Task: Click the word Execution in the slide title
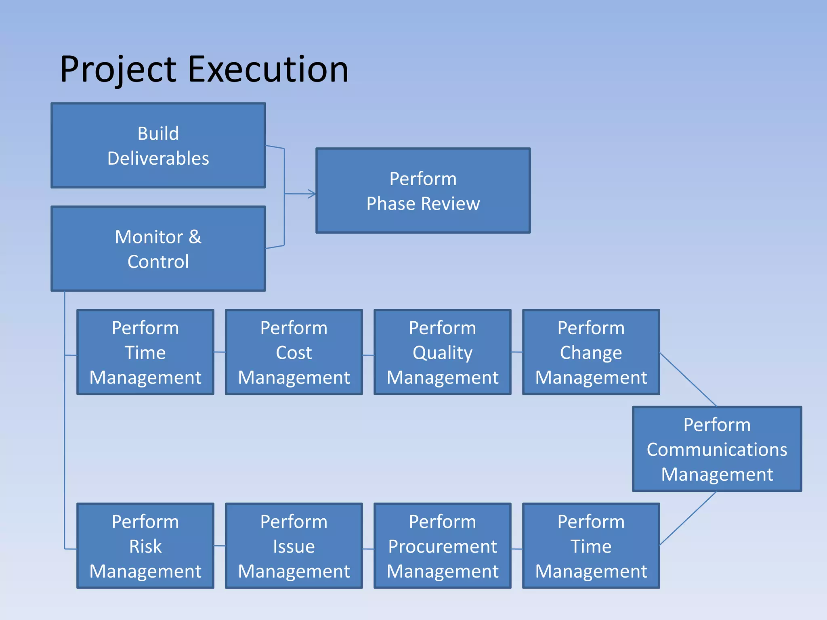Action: [268, 69]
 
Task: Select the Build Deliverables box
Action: [158, 145]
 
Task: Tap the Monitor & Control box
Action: [158, 249]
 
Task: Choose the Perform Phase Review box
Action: [423, 191]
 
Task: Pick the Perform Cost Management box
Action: [294, 352]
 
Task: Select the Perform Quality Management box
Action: [442, 352]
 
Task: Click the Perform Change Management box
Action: [591, 352]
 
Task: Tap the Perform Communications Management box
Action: [717, 449]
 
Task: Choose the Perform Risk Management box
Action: [145, 546]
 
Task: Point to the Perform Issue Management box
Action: [294, 546]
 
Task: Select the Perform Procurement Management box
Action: [442, 546]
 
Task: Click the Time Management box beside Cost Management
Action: [145, 352]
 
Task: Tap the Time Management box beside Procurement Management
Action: [591, 546]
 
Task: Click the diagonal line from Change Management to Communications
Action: [688, 379]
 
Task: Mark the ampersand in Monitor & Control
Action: [195, 237]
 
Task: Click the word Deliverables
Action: [158, 158]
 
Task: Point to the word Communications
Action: [717, 449]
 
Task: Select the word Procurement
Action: [442, 547]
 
